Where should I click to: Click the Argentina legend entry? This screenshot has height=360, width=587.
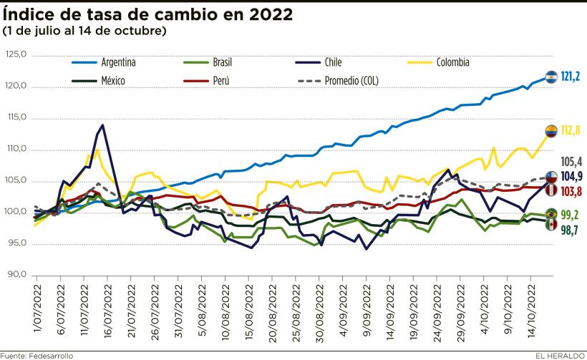(x=118, y=62)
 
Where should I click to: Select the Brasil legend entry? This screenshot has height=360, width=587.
(x=222, y=62)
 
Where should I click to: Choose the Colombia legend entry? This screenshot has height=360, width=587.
(x=452, y=62)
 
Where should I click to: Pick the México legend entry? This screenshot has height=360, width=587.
(x=113, y=80)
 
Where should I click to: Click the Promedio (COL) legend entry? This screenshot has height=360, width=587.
(x=352, y=80)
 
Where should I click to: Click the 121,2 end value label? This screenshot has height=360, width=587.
(x=571, y=76)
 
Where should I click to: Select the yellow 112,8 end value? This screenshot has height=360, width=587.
(x=571, y=130)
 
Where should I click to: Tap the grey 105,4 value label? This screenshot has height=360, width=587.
(x=571, y=161)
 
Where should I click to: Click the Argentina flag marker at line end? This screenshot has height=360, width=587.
(x=551, y=77)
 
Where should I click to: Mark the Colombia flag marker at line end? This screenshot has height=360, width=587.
(x=551, y=130)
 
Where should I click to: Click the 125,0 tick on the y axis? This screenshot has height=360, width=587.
(x=16, y=54)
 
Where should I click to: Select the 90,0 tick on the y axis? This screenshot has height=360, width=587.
(x=16, y=275)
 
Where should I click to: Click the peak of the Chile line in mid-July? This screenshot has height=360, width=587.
(x=103, y=125)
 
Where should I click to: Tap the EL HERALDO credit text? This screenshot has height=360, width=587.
(x=558, y=355)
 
